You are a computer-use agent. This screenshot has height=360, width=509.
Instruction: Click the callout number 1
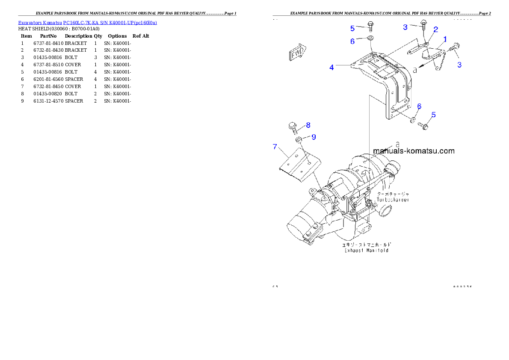tap(445, 39)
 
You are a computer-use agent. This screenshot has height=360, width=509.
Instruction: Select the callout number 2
tap(435, 30)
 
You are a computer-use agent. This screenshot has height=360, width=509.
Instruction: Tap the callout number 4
tap(331, 67)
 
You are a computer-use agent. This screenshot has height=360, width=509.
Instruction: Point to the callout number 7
tap(275, 147)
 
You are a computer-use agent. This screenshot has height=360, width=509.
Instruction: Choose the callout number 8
tap(308, 125)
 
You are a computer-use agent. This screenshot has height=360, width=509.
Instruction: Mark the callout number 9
tap(314, 137)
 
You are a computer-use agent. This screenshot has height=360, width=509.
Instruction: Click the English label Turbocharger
tap(393, 200)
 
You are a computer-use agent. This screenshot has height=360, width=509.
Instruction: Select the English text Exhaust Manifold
tap(367, 251)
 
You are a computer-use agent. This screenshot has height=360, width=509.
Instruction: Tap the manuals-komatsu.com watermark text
tap(414, 151)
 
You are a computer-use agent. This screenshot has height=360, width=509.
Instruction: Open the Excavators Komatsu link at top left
tap(87, 22)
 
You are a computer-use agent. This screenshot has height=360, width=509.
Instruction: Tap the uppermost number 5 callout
tap(352, 28)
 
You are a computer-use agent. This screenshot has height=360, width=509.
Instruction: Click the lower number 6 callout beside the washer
tap(419, 106)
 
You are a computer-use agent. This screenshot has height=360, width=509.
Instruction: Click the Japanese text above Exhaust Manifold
tap(366, 245)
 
